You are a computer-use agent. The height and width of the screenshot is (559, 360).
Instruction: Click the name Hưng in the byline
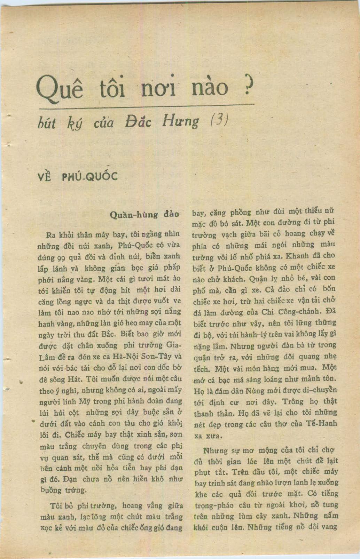pos(181,121)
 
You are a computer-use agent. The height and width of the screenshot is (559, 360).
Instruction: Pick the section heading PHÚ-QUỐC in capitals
pos(90,177)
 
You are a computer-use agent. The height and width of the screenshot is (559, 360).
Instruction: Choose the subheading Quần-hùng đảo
pos(144,214)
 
